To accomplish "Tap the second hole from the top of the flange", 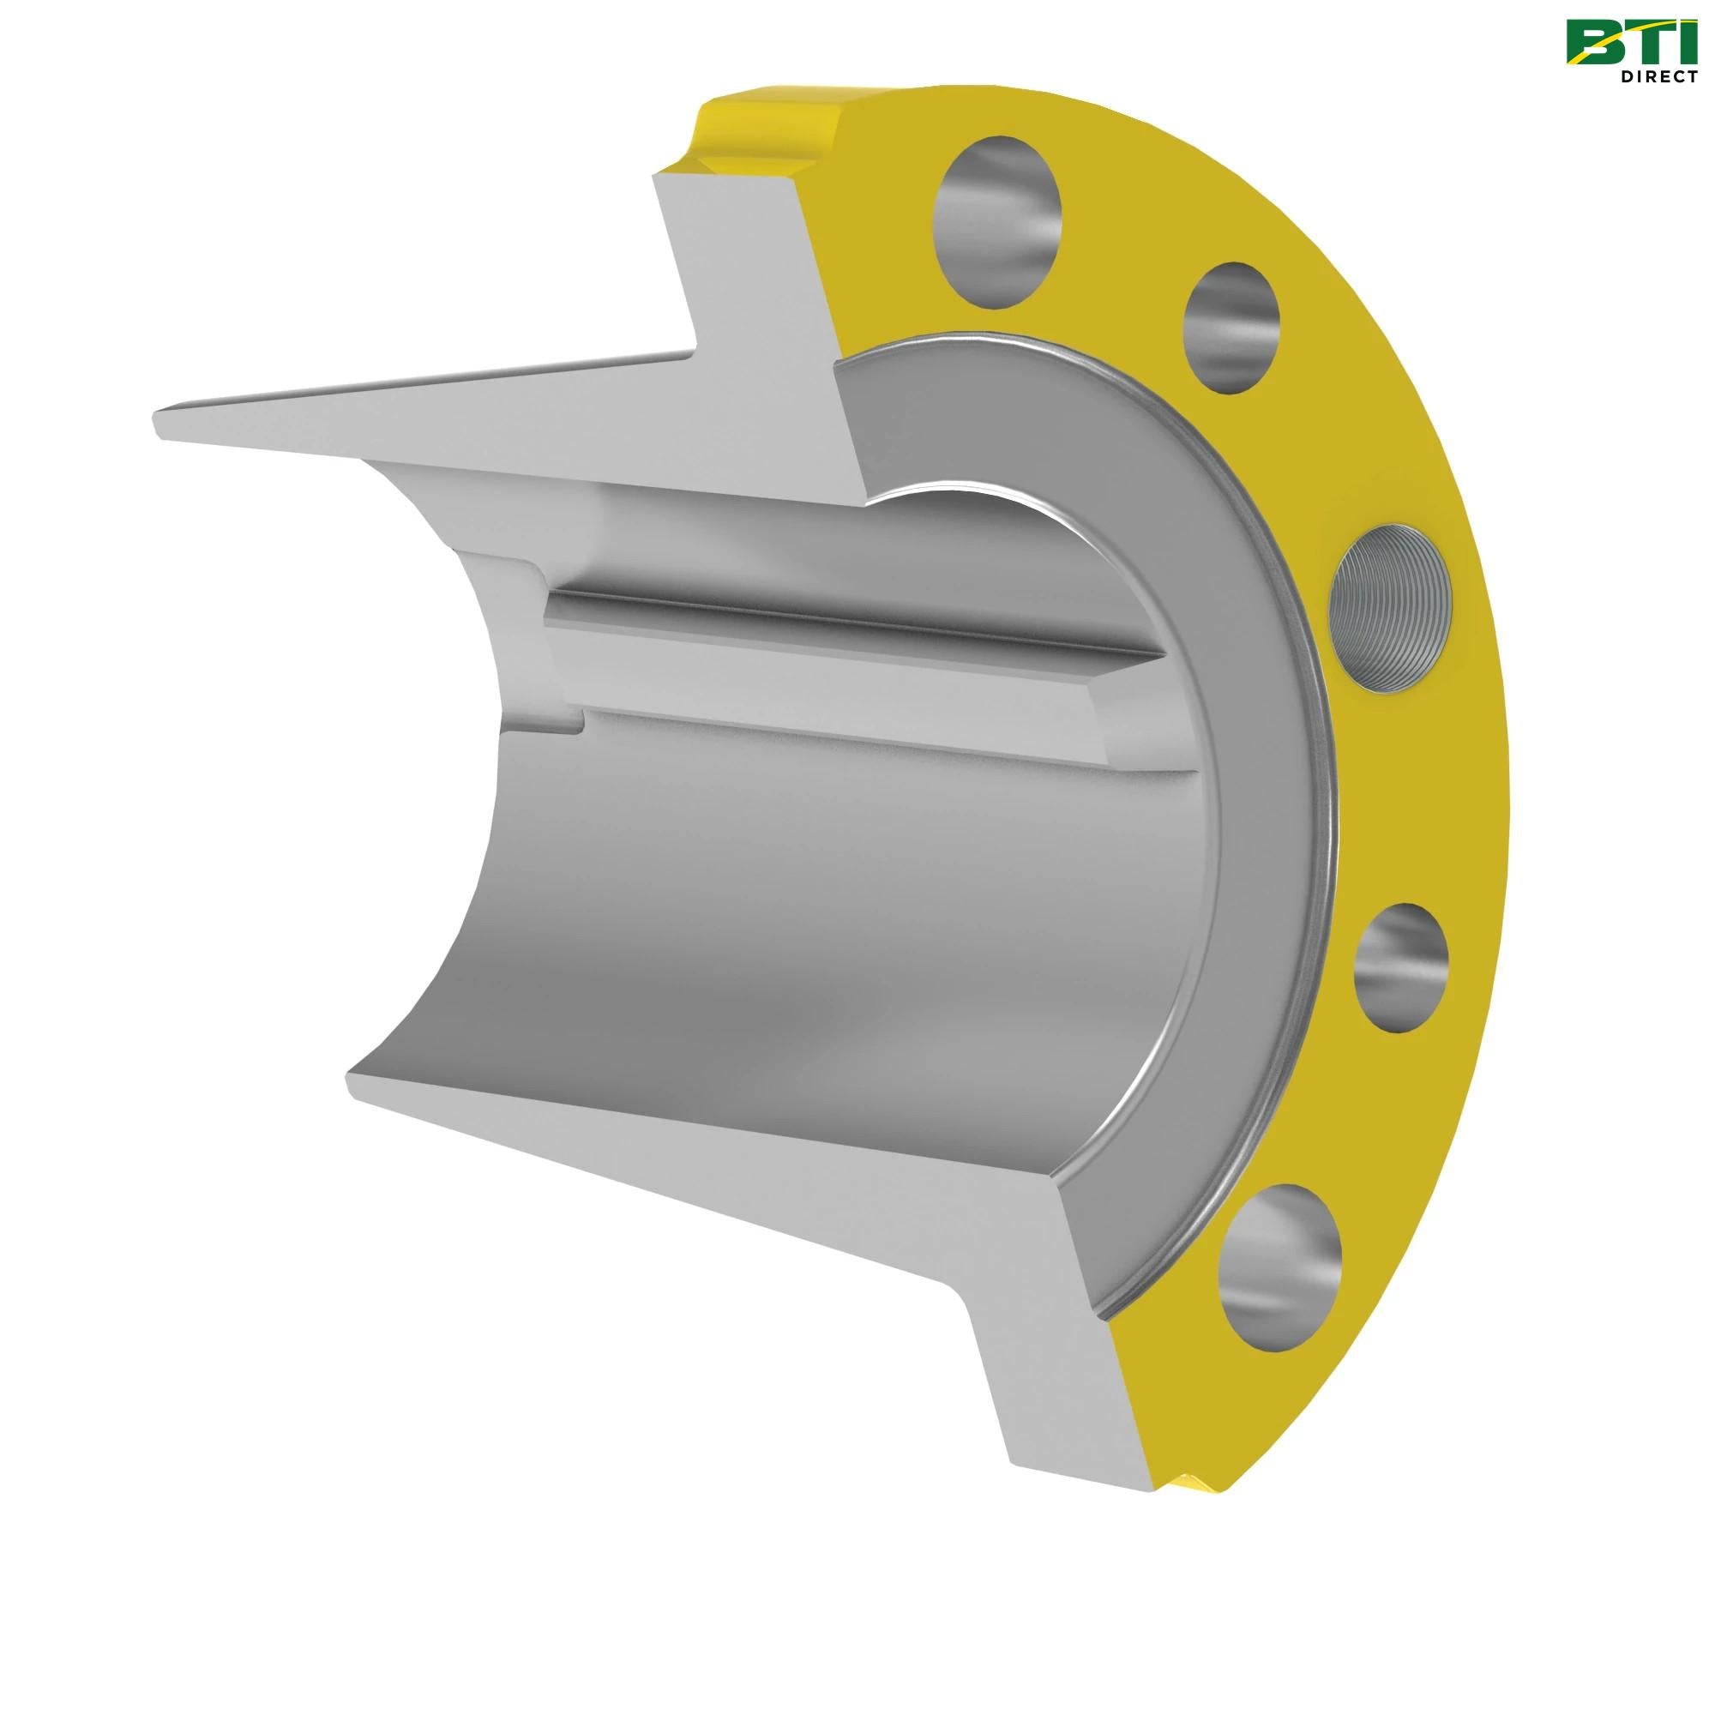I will pos(1232,326).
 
